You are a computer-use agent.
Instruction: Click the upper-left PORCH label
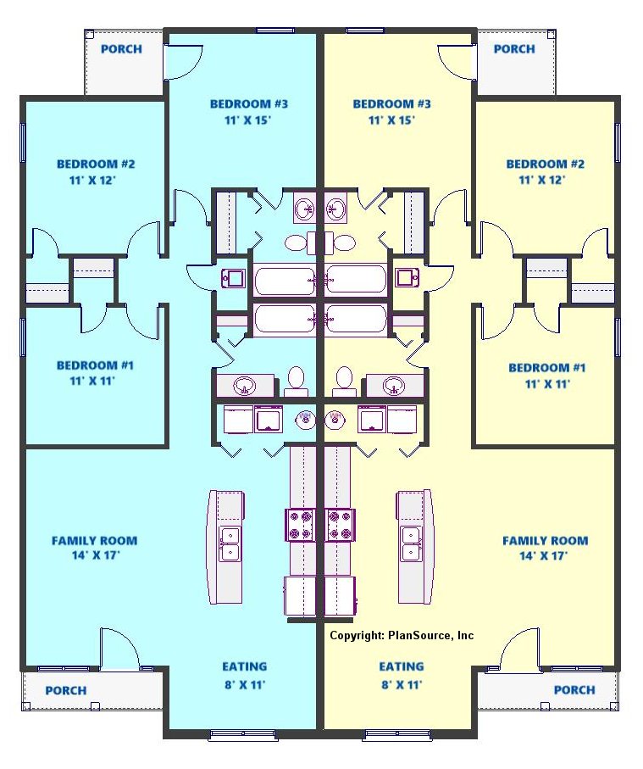tap(121, 49)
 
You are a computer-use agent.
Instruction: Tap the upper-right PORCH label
tap(514, 49)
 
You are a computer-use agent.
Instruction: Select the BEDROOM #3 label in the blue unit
tap(249, 104)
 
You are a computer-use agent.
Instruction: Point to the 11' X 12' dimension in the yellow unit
tap(542, 180)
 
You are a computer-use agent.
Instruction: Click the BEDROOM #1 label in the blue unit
tap(95, 365)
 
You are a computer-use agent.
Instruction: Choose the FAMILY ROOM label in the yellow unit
tap(545, 541)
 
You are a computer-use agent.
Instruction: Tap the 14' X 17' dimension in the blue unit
tap(96, 555)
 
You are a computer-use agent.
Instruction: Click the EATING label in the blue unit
tap(245, 666)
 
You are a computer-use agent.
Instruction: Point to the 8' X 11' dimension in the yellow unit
tap(402, 684)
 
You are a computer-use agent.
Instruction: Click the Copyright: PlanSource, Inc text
tap(402, 636)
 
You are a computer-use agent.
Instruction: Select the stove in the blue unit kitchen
tap(300, 525)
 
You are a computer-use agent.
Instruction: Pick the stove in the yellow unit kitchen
tap(340, 525)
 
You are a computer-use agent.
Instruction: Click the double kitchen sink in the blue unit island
tap(230, 543)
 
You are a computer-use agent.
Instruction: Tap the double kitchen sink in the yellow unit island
tap(411, 543)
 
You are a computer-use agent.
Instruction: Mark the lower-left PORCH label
tap(66, 690)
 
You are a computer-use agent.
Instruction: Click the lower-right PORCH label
tap(574, 690)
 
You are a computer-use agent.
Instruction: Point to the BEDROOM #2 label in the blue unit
tap(96, 164)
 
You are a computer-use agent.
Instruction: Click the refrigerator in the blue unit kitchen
tap(300, 596)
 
